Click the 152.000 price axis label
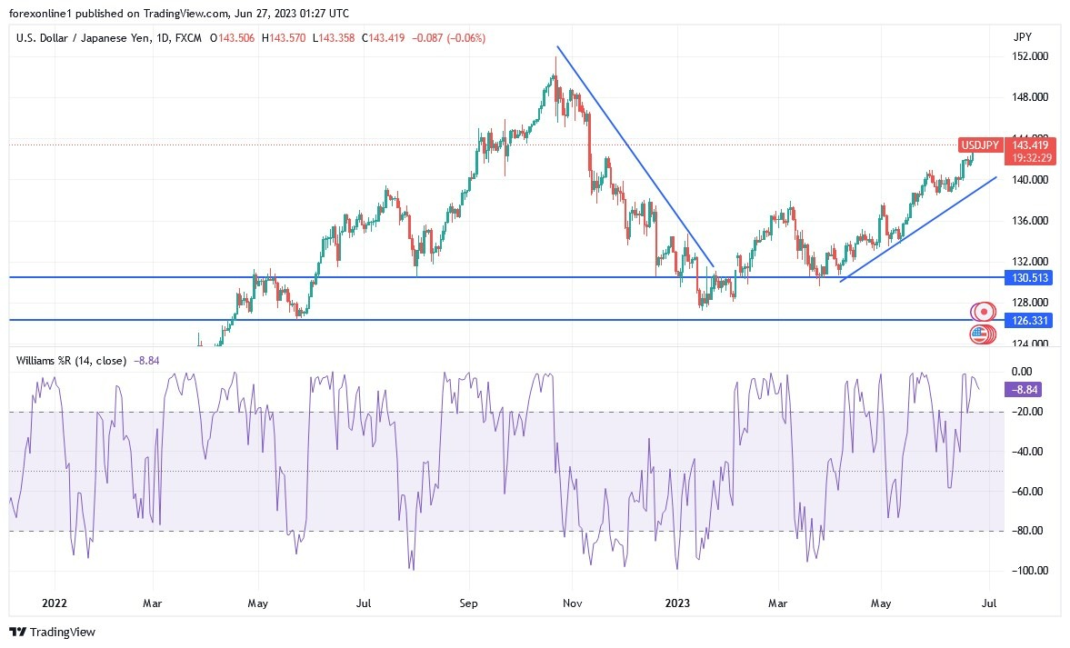(x=1030, y=56)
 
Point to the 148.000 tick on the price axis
(x=1030, y=97)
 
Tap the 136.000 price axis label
(x=1030, y=221)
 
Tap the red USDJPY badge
(x=981, y=145)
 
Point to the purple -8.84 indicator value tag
(x=1022, y=389)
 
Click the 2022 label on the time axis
(x=54, y=602)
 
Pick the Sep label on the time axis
(x=468, y=602)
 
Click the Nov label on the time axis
(x=572, y=602)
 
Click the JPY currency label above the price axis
(x=1022, y=37)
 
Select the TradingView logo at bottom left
(x=53, y=632)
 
